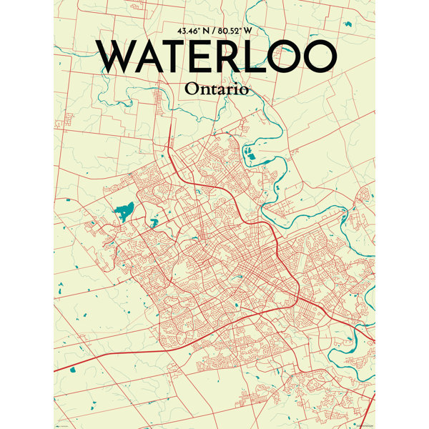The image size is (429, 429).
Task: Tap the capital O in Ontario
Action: coord(192,89)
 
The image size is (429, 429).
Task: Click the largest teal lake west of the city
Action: coord(124,211)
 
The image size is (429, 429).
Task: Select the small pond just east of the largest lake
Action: coord(153,222)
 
